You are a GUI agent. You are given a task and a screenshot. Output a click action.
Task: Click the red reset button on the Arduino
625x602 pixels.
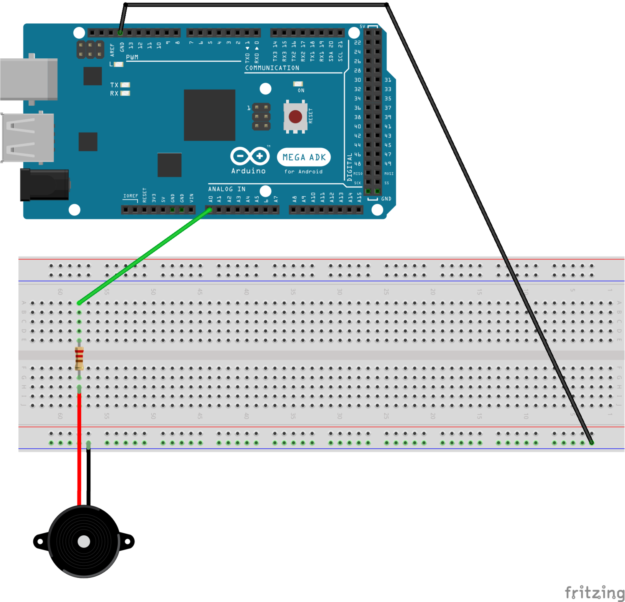tap(295, 117)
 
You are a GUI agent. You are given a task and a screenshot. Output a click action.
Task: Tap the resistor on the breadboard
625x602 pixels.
tap(79, 358)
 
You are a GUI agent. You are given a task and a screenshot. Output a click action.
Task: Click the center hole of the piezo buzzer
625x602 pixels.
tap(84, 542)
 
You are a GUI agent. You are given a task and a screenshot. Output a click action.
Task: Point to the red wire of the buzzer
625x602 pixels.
tap(79, 450)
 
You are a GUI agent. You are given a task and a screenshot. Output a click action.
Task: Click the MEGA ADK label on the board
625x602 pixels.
tap(304, 157)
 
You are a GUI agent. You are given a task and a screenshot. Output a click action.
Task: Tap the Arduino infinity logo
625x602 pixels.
tap(250, 156)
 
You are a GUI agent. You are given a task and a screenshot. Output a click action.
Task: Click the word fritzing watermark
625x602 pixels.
tap(595, 592)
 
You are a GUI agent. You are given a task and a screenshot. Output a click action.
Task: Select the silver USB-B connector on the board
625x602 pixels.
tap(28, 79)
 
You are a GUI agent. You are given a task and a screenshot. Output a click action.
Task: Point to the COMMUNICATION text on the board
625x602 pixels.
tap(272, 68)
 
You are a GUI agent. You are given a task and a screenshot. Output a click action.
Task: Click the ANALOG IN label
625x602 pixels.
tap(227, 189)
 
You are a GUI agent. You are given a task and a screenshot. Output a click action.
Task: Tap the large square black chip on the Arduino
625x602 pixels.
tap(210, 115)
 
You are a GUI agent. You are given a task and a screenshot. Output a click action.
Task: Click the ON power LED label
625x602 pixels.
tap(301, 90)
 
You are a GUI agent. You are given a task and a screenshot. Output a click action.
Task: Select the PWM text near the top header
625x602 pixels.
tap(132, 57)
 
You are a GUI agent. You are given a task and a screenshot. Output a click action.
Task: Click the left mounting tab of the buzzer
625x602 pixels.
tap(40, 542)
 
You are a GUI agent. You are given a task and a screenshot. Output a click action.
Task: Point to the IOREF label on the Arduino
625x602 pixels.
tap(130, 196)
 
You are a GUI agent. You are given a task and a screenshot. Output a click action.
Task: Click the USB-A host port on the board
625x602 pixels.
tap(27, 137)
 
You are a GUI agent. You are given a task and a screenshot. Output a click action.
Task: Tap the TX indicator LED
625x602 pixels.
tap(125, 85)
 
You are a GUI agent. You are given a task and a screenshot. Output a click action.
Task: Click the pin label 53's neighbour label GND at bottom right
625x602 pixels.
tap(386, 199)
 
